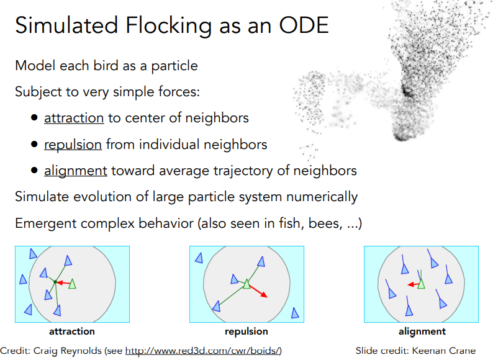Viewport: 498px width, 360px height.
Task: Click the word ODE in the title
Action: click(304, 25)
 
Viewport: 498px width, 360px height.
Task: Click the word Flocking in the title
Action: click(168, 26)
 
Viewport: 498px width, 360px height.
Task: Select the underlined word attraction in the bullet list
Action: click(74, 118)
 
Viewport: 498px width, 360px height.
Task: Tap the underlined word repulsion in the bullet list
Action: click(73, 145)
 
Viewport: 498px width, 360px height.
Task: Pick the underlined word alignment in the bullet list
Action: click(76, 171)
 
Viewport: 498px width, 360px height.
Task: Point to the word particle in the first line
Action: click(174, 66)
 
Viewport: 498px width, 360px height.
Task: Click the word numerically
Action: click(322, 197)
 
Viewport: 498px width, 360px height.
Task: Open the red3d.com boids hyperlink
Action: click(203, 351)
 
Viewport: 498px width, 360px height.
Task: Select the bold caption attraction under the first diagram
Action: click(72, 331)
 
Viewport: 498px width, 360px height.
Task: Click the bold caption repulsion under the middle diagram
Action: click(247, 331)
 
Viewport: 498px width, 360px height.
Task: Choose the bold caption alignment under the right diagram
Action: click(422, 331)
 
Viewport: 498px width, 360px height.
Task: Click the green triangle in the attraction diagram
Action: click(73, 284)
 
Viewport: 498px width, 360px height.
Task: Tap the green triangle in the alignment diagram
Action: click(421, 284)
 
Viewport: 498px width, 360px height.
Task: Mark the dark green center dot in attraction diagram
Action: click(55, 282)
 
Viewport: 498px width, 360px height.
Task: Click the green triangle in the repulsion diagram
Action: click(247, 284)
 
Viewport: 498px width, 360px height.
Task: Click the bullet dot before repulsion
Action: click(34, 144)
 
